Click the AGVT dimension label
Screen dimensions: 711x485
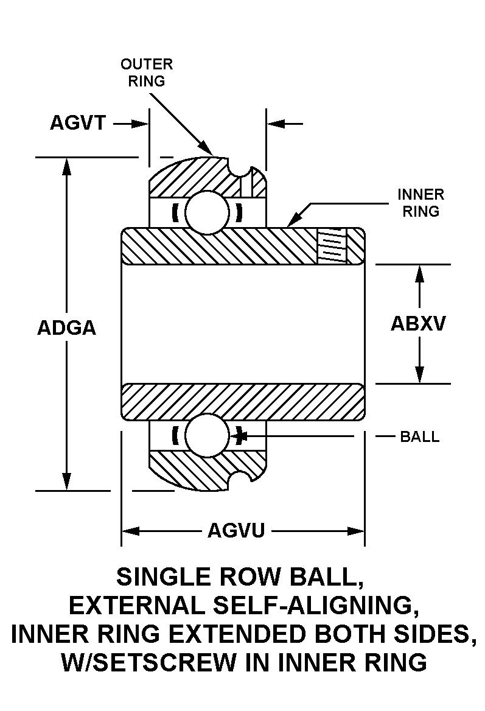78,124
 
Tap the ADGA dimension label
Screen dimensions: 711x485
67,328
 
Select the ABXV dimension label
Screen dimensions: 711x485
418,323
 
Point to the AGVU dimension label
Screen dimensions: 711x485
236,531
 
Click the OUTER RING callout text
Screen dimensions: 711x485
147,72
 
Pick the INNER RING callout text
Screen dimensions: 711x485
420,203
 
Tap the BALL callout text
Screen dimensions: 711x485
419,436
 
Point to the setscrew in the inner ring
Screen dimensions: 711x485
332,247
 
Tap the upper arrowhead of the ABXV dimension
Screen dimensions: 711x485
419,273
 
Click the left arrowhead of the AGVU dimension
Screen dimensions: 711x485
129,531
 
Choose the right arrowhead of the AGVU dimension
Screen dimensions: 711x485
357,531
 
